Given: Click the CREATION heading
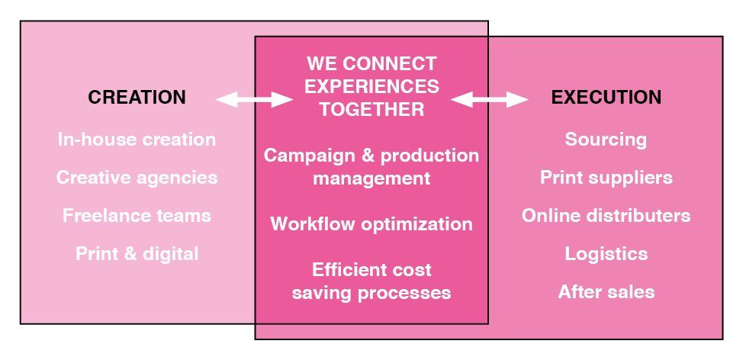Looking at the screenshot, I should (137, 98).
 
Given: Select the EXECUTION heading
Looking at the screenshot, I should (606, 98).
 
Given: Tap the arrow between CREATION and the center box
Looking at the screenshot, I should (254, 99).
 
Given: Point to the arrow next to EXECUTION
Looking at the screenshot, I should (489, 99).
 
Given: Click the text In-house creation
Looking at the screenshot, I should (137, 140).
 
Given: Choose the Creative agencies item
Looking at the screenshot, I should (137, 178).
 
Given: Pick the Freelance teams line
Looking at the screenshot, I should (137, 216).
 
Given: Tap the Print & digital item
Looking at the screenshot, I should (137, 254).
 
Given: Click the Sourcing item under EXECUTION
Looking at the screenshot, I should (606, 140).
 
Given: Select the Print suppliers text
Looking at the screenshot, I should (606, 178).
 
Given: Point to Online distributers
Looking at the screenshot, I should (606, 216).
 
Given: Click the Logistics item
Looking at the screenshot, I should (606, 254).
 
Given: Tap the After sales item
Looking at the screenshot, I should (606, 292).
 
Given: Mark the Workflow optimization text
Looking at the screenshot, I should (371, 224).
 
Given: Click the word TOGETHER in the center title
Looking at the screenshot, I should (371, 109).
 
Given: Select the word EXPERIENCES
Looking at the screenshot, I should (371, 86).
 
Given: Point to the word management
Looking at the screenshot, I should (371, 179).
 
